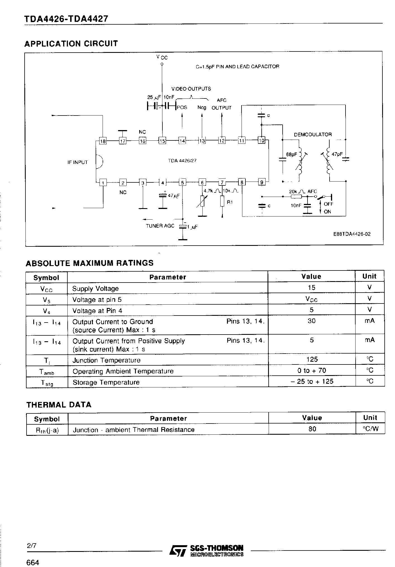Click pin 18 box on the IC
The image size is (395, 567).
103,141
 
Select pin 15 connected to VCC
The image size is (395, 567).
162,141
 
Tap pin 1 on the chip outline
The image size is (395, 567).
103,183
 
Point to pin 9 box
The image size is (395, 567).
261,183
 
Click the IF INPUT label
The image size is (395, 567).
77,162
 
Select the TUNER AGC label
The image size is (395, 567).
160,226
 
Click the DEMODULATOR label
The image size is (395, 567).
313,135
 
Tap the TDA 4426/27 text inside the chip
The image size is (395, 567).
182,161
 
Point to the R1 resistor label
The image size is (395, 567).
230,202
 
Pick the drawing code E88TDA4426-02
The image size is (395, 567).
352,234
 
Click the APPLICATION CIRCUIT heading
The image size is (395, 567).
71,44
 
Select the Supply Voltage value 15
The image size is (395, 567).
311,288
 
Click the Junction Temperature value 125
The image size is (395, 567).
311,359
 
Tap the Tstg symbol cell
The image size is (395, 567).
46,382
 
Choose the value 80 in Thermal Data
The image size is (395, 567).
312,429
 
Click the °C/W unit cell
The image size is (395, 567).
370,429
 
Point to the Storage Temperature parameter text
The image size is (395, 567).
106,382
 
